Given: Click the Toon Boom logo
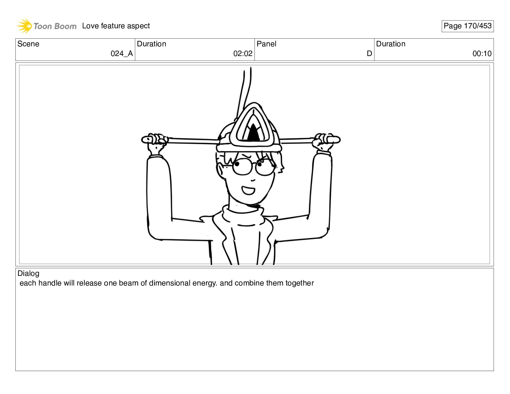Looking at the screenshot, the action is (x=46, y=26).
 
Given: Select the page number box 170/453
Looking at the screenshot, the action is (x=467, y=26).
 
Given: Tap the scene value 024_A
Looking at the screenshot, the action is (x=122, y=54).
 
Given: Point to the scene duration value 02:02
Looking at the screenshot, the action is (x=243, y=54).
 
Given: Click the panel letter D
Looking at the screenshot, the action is (x=369, y=54).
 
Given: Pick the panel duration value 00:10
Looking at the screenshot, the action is (x=482, y=54).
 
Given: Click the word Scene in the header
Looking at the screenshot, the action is (x=28, y=44).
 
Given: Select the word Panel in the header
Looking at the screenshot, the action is (x=266, y=44).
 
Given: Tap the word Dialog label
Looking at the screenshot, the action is (x=28, y=274).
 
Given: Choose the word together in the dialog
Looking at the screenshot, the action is (x=299, y=284).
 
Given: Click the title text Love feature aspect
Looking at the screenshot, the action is (x=116, y=26).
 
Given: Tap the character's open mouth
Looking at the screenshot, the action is (x=248, y=190).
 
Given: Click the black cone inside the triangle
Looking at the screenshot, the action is (x=253, y=133).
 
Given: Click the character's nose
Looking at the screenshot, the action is (x=253, y=180).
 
